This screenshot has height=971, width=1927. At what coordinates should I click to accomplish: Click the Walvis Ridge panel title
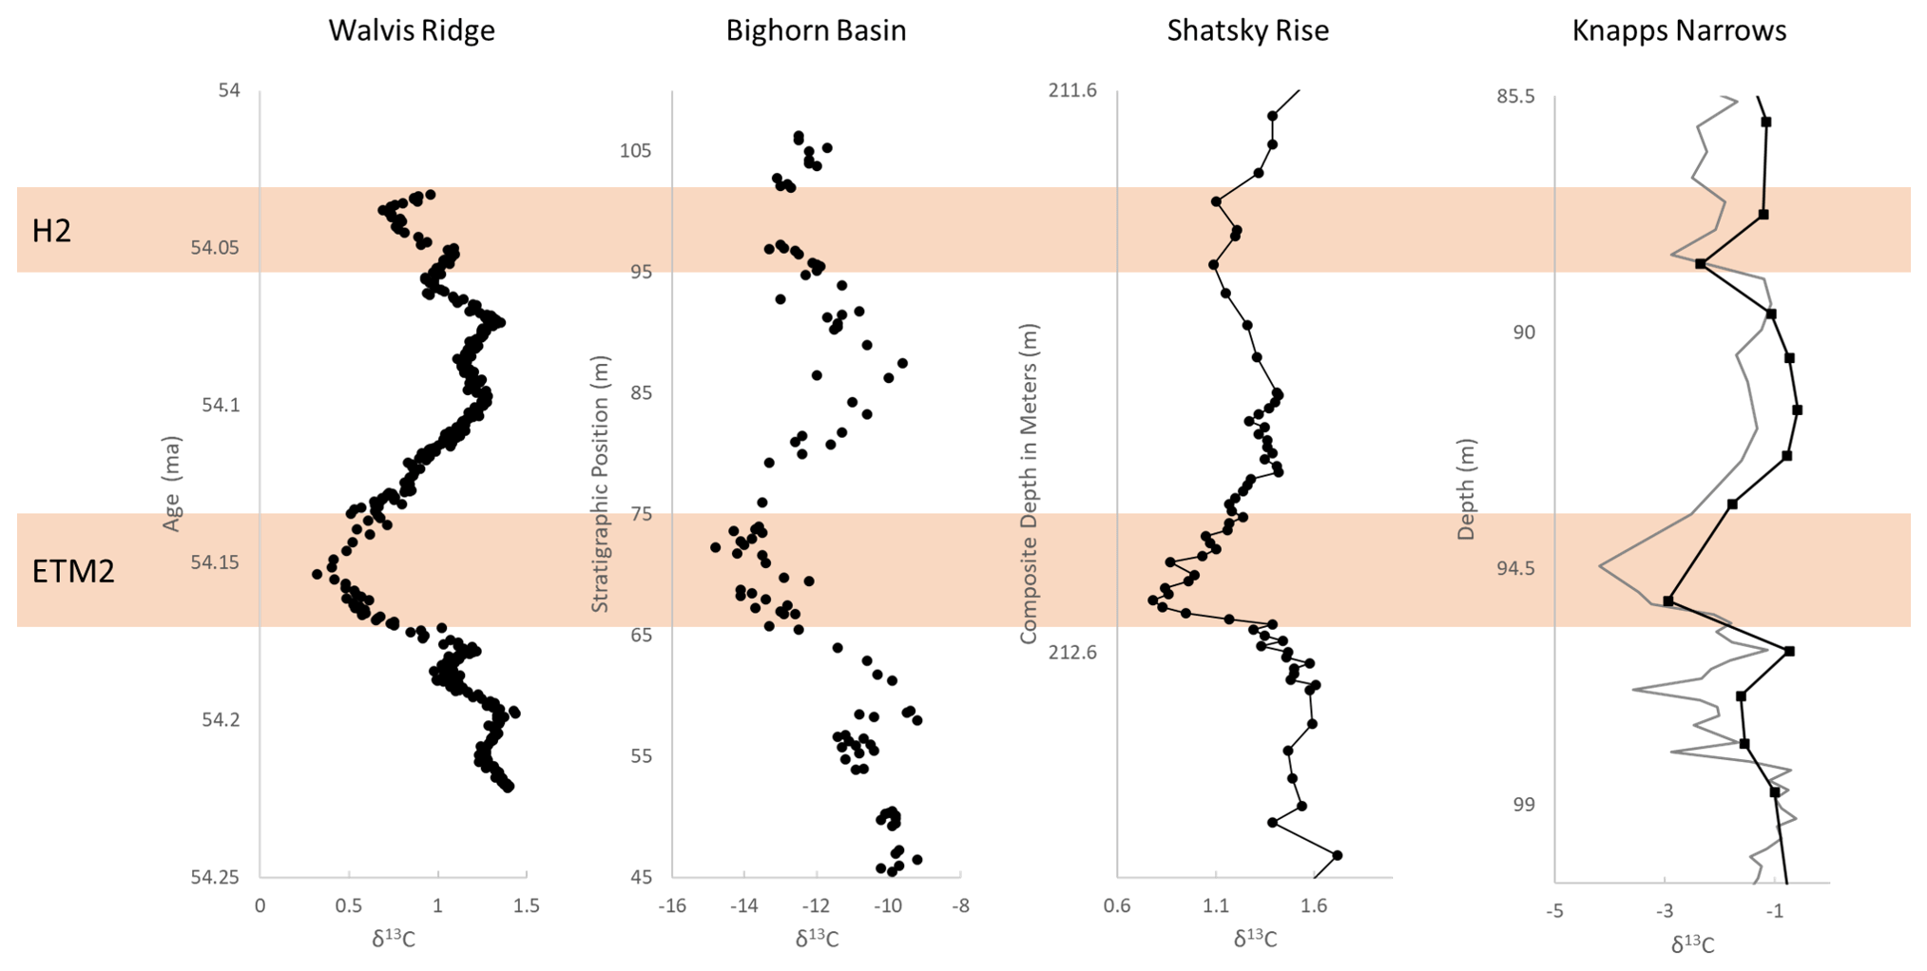(x=412, y=30)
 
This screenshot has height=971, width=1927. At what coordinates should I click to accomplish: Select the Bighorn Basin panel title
(x=816, y=30)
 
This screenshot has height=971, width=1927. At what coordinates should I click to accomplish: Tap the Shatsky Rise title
(x=1247, y=30)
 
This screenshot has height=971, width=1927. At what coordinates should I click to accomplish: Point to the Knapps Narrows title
(x=1679, y=30)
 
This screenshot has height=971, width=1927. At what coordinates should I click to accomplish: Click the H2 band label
(x=51, y=231)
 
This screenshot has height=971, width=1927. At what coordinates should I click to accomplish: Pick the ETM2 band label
(x=73, y=571)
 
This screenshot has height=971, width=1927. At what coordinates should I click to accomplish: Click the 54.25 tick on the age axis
(x=215, y=877)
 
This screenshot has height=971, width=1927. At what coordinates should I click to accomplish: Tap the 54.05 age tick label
(x=215, y=248)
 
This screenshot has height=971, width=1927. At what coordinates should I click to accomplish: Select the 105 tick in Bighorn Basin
(x=636, y=151)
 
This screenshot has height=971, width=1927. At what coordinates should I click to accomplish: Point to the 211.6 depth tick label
(x=1072, y=91)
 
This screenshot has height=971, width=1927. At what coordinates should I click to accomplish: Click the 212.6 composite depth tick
(x=1072, y=653)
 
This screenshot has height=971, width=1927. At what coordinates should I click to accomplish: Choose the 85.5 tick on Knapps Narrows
(x=1515, y=97)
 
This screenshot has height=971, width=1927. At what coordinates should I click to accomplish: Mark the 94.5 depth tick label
(x=1515, y=569)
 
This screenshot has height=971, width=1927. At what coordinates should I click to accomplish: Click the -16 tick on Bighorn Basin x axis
(x=671, y=905)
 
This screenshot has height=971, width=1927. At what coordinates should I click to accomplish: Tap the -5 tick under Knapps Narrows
(x=1554, y=912)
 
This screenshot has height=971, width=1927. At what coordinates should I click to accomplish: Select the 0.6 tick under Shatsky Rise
(x=1117, y=905)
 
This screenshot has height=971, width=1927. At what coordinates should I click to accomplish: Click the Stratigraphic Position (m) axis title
(x=600, y=485)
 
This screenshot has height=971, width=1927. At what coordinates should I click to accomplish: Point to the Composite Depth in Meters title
(x=1029, y=484)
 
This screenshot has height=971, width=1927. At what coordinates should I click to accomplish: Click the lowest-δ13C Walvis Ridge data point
(x=317, y=574)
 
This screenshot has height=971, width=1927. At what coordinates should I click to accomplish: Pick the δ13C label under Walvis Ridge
(x=393, y=939)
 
